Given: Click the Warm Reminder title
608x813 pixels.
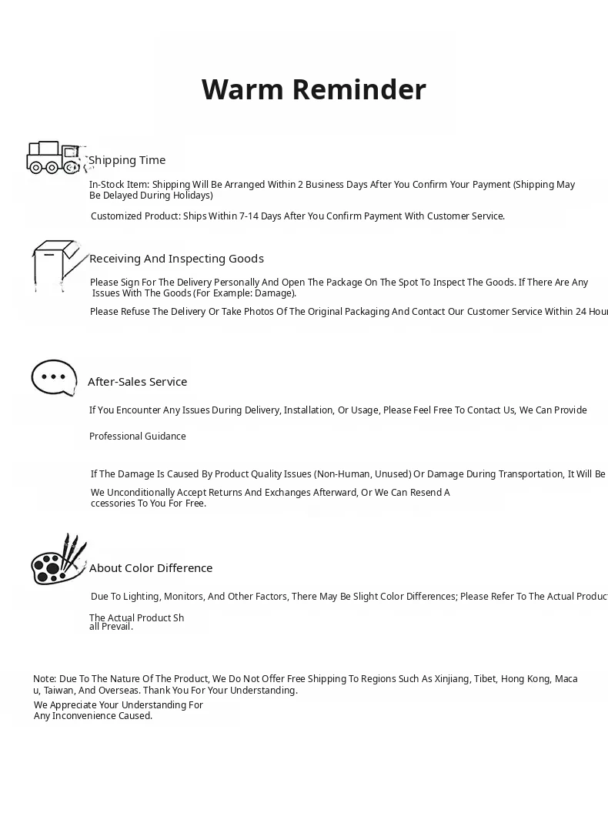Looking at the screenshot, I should tap(313, 90).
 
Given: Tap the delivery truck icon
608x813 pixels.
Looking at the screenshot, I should tap(53, 158).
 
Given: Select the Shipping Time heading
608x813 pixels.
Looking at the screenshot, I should tap(127, 160).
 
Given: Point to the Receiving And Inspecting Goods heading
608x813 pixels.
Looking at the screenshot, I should tap(176, 259).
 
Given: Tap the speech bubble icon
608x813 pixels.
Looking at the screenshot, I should tap(54, 377).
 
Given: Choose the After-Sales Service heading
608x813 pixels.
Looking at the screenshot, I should tap(137, 382).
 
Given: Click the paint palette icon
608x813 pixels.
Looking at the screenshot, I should tap(58, 560).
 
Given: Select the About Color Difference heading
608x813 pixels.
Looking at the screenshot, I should tap(151, 568).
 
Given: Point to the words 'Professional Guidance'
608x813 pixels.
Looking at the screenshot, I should tap(138, 437).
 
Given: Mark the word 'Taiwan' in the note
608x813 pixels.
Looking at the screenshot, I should tap(59, 691).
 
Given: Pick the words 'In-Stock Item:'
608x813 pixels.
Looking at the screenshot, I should tap(119, 185).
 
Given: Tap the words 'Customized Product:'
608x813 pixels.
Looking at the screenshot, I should tap(135, 216).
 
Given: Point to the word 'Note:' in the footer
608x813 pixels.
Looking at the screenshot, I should tap(45, 679).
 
